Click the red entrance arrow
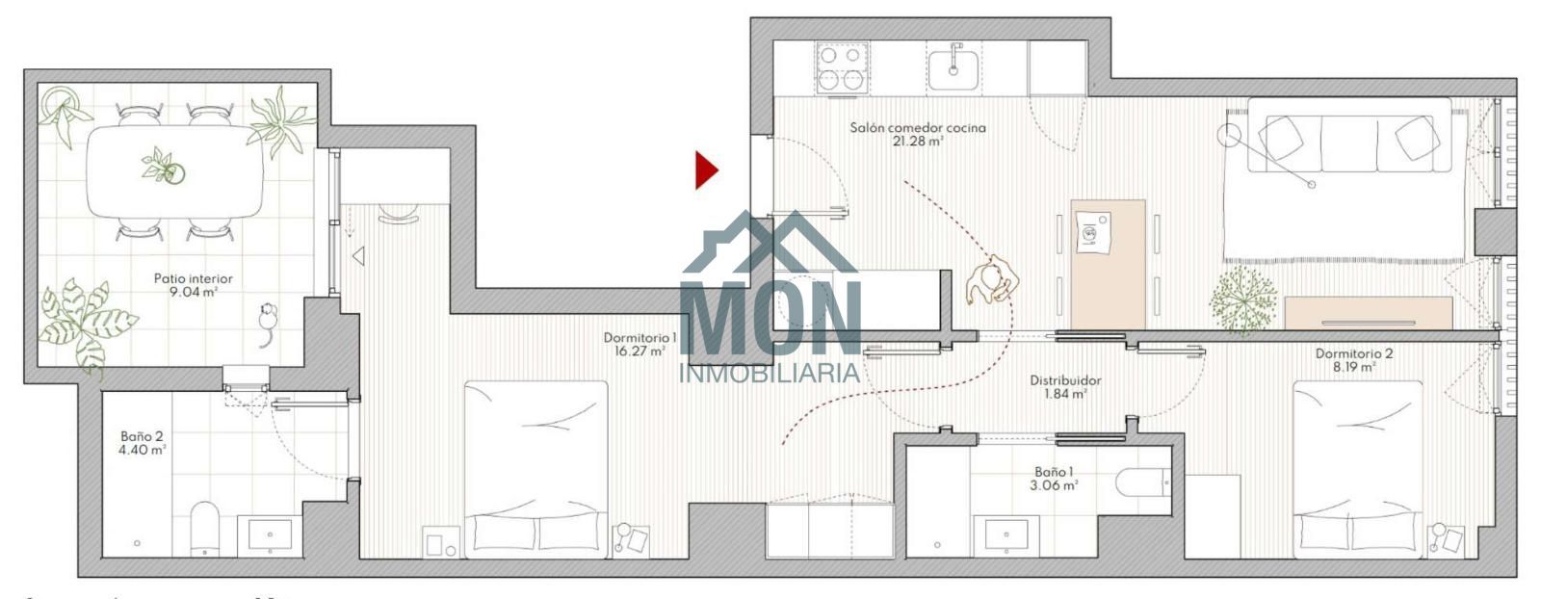706,169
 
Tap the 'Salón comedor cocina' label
918,128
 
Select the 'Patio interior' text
194,278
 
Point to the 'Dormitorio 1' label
640,338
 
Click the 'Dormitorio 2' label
1354,353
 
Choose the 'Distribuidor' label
1065,380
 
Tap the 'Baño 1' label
1054,472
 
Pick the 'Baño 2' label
142,436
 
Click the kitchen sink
953,69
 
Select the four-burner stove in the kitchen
842,67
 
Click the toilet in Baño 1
1142,482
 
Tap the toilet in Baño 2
204,529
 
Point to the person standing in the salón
991,279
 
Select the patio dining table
174,171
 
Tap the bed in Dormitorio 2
1357,469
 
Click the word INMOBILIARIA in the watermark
770,374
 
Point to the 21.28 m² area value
918,142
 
